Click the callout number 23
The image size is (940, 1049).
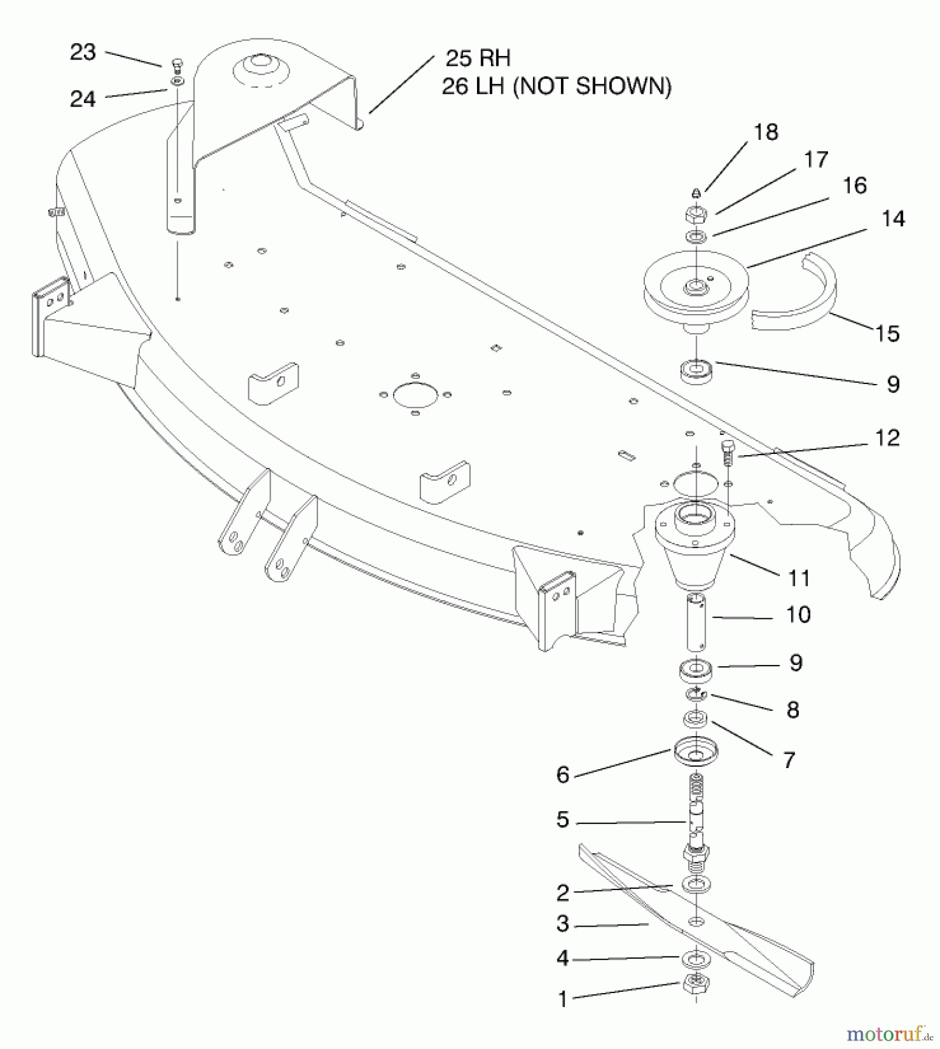coord(83,52)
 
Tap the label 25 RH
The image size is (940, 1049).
coord(478,58)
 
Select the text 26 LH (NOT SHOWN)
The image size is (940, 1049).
coord(556,87)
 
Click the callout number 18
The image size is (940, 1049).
coord(766,132)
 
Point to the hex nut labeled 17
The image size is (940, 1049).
coord(696,214)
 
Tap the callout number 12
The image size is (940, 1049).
coord(887,438)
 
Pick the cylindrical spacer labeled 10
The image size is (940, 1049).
coord(695,622)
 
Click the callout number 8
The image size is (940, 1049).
coord(792,710)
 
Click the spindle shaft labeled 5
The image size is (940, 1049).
coord(695,816)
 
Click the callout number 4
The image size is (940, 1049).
coord(562,959)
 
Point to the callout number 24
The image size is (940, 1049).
coord(83,99)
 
